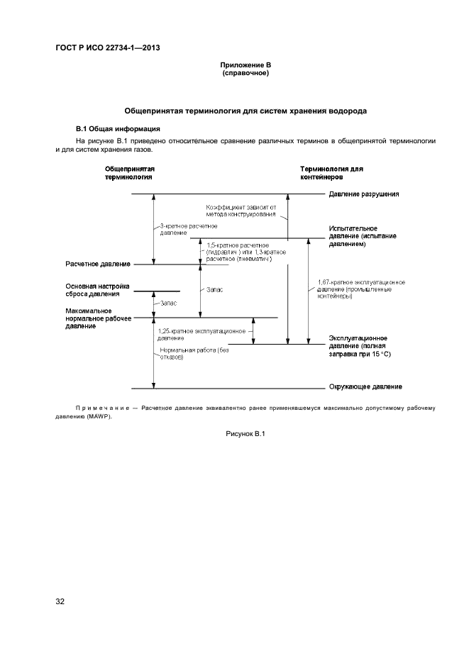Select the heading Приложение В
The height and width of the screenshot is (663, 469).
pyautogui.click(x=245, y=66)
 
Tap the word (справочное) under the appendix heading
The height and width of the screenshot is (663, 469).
pyautogui.click(x=245, y=73)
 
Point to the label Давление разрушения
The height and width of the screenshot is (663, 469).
pyautogui.click(x=364, y=194)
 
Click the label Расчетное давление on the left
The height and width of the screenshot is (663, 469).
pyautogui.click(x=98, y=264)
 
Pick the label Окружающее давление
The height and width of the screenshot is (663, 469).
pyautogui.click(x=365, y=387)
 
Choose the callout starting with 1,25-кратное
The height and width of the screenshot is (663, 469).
pyautogui.click(x=202, y=334)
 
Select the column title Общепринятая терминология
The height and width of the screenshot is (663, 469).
pyautogui.click(x=130, y=173)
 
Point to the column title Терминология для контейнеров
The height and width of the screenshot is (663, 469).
pyautogui.click(x=331, y=173)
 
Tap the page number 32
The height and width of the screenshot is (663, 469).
pyautogui.click(x=60, y=602)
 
